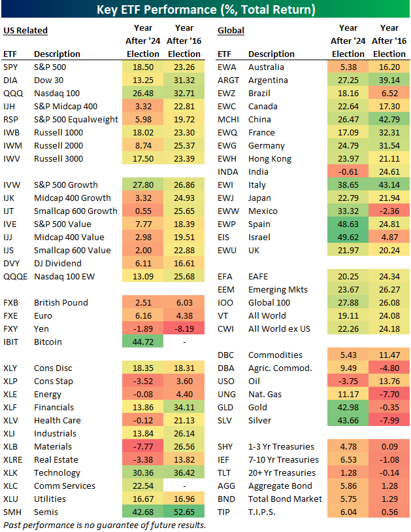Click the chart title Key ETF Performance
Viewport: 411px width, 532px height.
(205, 10)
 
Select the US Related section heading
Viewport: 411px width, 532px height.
(25, 31)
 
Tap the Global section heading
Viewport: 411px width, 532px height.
(231, 31)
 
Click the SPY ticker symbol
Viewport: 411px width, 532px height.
(10, 67)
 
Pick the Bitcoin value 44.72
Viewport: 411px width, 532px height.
(142, 342)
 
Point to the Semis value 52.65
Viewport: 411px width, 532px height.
(184, 512)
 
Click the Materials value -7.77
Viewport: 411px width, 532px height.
(142, 446)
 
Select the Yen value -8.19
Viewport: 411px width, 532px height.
(184, 328)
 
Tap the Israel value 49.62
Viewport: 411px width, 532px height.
(348, 237)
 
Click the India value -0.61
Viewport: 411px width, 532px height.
(348, 171)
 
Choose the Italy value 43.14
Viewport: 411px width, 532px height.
(389, 185)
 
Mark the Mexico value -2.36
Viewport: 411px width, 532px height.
(389, 211)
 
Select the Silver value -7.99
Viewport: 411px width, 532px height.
(389, 420)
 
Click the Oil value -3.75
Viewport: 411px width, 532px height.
(348, 381)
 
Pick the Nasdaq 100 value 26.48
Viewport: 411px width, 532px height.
(142, 93)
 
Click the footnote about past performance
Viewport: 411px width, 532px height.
(105, 525)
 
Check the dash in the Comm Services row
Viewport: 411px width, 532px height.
(184, 486)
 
